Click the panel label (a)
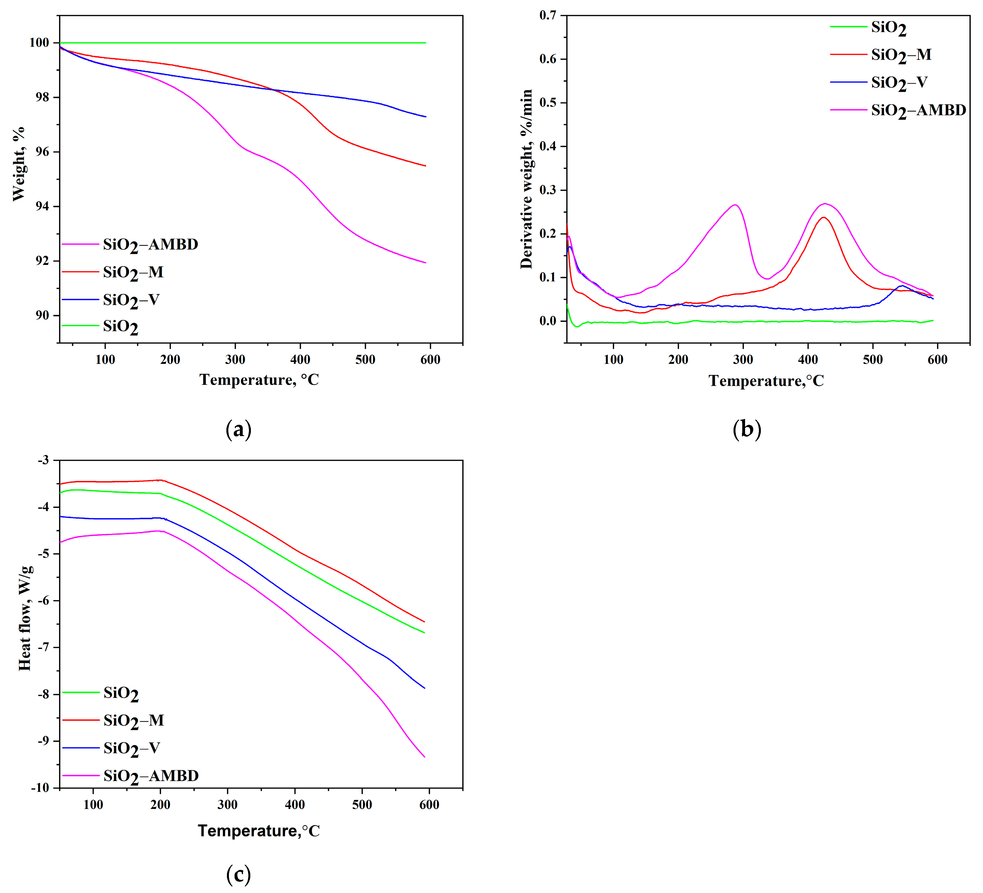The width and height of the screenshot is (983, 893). point(238,429)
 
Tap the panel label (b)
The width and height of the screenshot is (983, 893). point(746,429)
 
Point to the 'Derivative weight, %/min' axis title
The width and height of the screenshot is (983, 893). point(527,179)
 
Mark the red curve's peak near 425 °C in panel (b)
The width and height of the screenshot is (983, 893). point(823,217)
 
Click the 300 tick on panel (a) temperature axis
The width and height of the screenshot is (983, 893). point(235,360)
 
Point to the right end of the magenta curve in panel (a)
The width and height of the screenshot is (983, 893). point(426,263)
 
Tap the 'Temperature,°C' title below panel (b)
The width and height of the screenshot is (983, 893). point(766,381)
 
